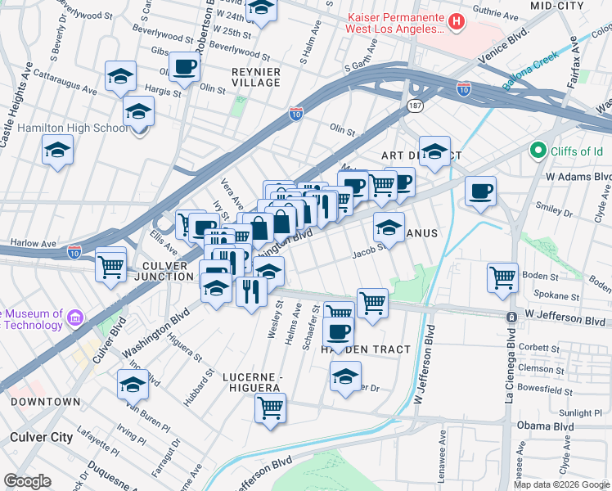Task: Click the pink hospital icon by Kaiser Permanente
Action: [x=457, y=21]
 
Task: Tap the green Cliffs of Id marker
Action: [x=538, y=151]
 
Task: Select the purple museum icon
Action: [x=75, y=318]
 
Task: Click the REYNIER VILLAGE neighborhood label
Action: [x=257, y=79]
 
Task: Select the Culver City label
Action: [x=42, y=437]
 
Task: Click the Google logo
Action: [x=27, y=481]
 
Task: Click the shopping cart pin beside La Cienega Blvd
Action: [x=502, y=276]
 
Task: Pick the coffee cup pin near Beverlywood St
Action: [x=184, y=66]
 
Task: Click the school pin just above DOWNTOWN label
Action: [x=133, y=384]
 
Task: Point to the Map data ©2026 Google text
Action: [x=561, y=484]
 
